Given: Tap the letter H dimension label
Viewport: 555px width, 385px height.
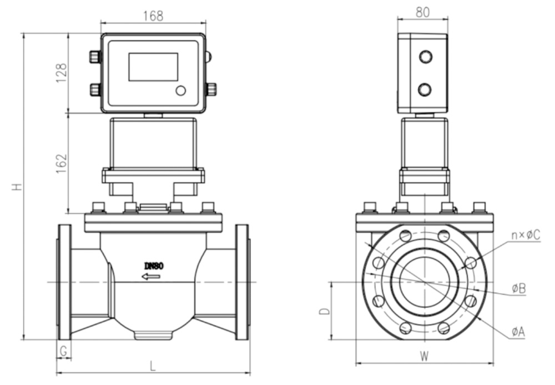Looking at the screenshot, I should (18, 187).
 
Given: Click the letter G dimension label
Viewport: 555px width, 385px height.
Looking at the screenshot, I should (64, 351).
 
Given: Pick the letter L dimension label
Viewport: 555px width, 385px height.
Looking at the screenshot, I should (153, 366).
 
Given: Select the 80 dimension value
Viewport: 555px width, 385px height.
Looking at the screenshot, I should (422, 12).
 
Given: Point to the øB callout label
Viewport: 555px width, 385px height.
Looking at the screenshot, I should (519, 288).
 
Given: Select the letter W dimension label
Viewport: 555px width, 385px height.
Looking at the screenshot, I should (424, 355).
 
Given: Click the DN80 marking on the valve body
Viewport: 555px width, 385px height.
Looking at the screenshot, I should (153, 266).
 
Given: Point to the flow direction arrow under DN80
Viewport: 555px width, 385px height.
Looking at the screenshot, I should (151, 276).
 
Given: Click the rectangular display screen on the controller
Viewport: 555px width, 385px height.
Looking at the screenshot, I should (153, 67).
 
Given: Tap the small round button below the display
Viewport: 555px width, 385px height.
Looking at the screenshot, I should (181, 91).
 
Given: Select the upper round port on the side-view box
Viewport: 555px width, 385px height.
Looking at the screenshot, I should (425, 56).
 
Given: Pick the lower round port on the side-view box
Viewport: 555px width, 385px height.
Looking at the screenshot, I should (425, 89).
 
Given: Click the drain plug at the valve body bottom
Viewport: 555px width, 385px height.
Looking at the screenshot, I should (153, 334).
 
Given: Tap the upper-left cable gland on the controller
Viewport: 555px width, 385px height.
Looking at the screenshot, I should (95, 57).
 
